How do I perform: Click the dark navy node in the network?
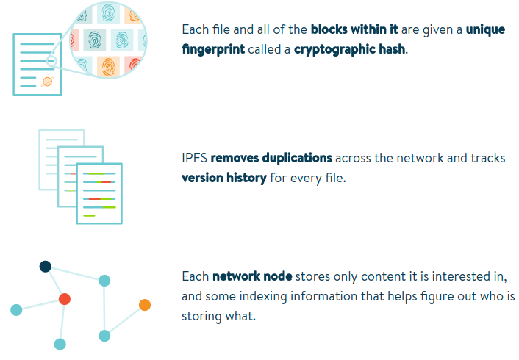pyautogui.click(x=45, y=267)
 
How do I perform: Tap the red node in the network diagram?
pyautogui.click(x=65, y=298)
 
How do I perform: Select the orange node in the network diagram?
pyautogui.click(x=145, y=305)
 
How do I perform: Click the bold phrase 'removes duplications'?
pyautogui.click(x=271, y=159)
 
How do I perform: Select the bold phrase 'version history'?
pyautogui.click(x=223, y=178)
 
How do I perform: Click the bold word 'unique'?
pyautogui.click(x=487, y=30)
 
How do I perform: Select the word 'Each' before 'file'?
pyautogui.click(x=195, y=30)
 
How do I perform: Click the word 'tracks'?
pyautogui.click(x=488, y=159)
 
